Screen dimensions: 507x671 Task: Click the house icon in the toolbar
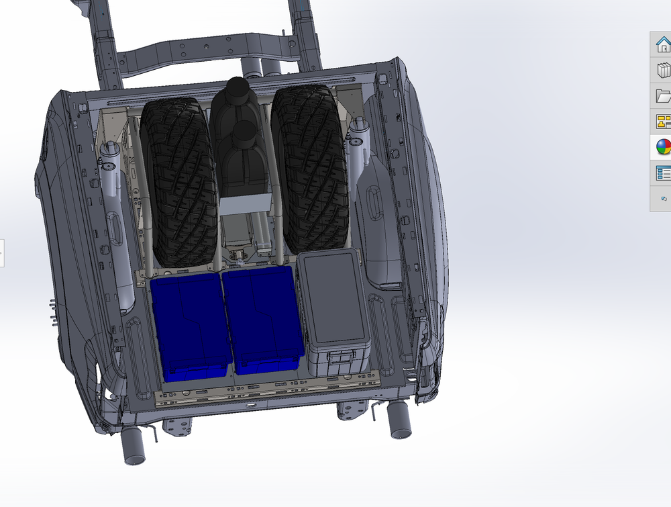(662, 46)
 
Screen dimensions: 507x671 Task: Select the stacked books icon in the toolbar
(662, 71)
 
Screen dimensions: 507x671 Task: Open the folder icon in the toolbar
(662, 96)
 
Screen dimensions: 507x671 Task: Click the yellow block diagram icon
(662, 122)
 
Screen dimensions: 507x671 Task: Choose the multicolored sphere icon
(662, 147)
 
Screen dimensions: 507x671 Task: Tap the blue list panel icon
(662, 173)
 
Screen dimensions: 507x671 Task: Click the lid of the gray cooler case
(333, 295)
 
